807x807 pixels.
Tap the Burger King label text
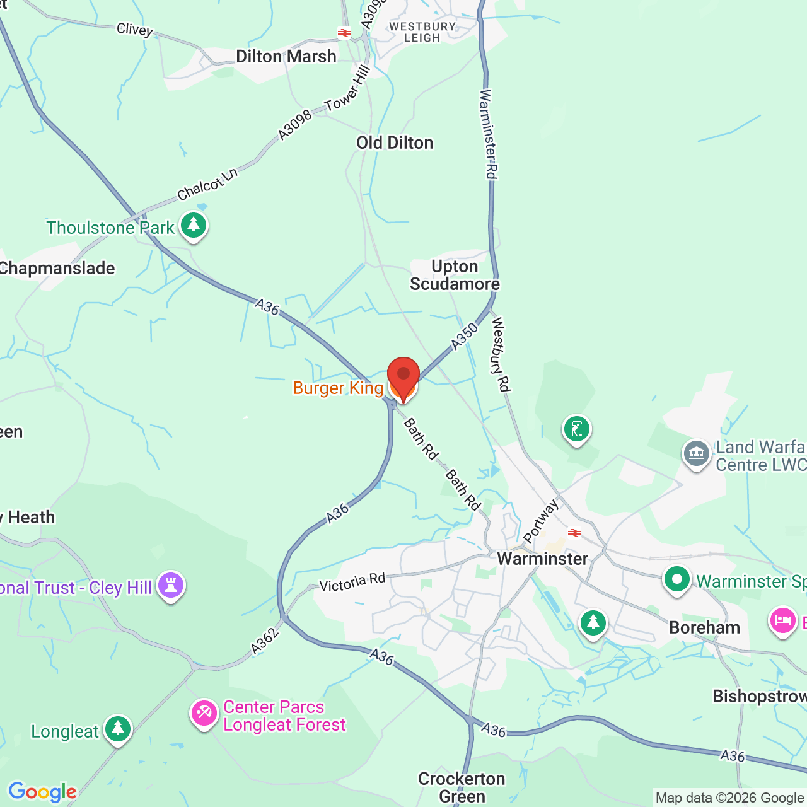[338, 388]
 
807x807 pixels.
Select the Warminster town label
[542, 559]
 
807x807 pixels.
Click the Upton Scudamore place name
[455, 276]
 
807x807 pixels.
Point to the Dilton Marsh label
[286, 57]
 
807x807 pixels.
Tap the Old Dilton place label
[395, 143]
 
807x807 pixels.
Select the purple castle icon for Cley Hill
[171, 585]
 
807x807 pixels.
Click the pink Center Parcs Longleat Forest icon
[204, 713]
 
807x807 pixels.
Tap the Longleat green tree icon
[118, 729]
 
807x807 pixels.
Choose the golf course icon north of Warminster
[576, 429]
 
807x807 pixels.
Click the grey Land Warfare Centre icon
[697, 453]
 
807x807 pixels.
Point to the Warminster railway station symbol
[574, 533]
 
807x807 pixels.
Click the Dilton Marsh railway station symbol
[344, 33]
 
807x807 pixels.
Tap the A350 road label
[465, 337]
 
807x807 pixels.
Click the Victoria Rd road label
[352, 582]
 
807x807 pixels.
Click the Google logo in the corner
[42, 792]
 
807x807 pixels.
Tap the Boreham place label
[704, 628]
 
